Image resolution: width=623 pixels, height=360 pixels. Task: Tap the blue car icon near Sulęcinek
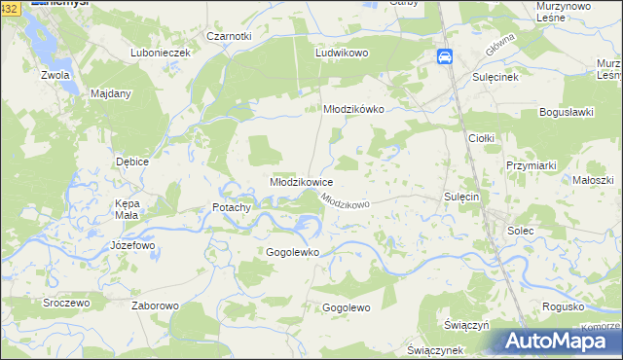(445, 56)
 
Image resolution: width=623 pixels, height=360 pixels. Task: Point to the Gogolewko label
(293, 252)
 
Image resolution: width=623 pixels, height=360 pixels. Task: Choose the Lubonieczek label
(160, 53)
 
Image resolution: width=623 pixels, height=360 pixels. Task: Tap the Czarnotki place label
(229, 36)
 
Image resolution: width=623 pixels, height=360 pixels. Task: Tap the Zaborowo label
(155, 306)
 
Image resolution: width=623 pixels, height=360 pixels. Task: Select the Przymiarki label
(531, 166)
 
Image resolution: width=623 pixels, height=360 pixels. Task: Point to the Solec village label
(520, 231)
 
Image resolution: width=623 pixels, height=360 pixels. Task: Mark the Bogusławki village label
(566, 113)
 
